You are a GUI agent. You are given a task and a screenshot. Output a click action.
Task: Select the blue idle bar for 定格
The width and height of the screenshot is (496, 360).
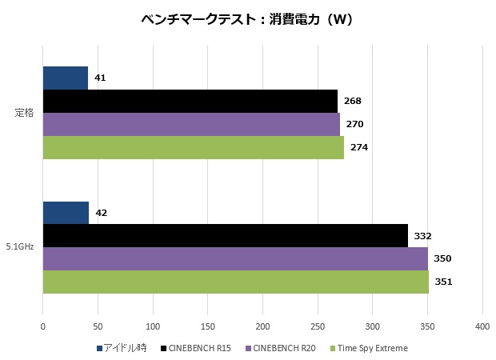click(65, 78)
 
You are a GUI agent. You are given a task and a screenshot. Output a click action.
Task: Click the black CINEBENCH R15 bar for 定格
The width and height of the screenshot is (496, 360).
click(190, 101)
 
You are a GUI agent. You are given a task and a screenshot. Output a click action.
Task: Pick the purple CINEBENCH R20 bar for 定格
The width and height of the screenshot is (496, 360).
click(190, 124)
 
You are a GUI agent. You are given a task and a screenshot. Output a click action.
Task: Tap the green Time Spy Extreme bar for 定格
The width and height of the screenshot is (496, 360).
click(193, 147)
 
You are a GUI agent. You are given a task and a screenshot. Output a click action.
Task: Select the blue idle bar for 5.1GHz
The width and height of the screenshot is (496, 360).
click(66, 213)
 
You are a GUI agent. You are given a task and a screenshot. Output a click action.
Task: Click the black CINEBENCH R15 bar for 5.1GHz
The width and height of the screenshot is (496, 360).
click(225, 235)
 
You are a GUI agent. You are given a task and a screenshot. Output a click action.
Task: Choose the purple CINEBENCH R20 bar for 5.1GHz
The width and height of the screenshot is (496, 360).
click(235, 258)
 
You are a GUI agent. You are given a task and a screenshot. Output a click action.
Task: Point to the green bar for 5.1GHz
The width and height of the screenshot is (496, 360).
click(235, 282)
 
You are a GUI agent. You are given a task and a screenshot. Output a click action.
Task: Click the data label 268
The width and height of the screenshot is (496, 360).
click(353, 101)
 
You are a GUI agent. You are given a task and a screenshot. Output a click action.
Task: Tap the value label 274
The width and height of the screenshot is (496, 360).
click(359, 147)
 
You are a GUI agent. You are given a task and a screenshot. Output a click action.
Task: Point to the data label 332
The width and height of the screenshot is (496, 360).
click(423, 235)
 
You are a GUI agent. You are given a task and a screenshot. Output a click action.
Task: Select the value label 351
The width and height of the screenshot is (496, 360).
click(444, 282)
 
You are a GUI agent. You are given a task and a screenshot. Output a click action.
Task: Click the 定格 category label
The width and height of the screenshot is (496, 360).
click(24, 113)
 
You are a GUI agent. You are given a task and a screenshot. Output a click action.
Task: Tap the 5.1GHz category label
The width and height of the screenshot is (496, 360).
click(21, 247)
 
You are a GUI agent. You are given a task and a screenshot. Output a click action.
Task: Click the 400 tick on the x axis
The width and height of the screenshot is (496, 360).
click(482, 326)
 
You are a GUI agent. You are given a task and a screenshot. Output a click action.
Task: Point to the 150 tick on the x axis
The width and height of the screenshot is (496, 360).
click(207, 326)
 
